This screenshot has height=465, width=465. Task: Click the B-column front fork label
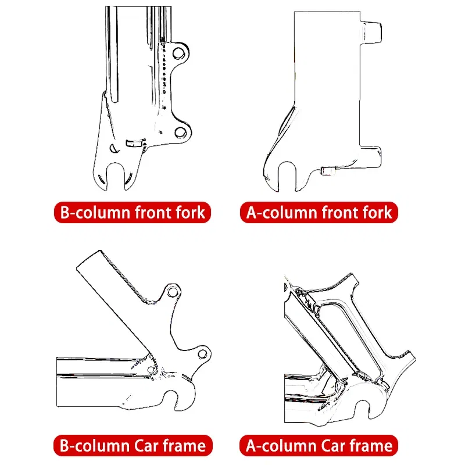click(132, 212)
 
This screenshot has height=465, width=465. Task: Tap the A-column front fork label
click(319, 212)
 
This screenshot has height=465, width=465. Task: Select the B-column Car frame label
click(132, 446)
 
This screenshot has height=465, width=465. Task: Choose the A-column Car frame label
click(319, 446)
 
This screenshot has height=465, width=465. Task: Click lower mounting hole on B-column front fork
click(180, 133)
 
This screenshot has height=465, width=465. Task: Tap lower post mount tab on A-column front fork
click(372, 155)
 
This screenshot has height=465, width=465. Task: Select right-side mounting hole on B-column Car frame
click(202, 352)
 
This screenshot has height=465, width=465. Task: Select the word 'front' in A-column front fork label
click(343, 212)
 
